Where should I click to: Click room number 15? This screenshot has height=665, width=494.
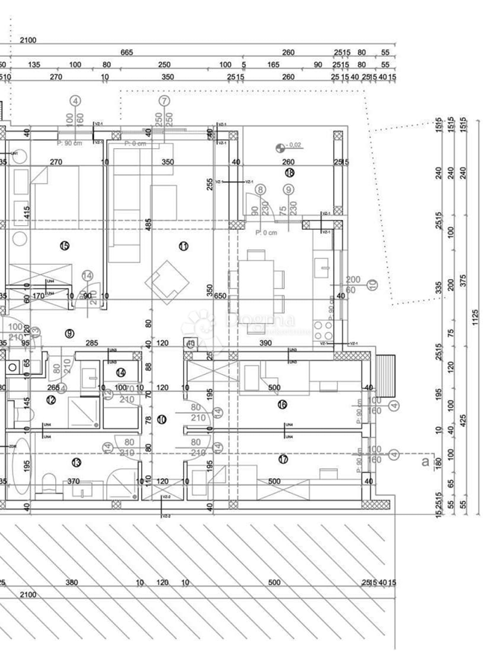pos(64,245)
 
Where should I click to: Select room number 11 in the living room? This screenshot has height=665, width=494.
pos(183,245)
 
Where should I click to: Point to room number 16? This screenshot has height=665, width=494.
pos(282,405)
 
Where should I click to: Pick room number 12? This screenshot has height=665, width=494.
pos(51,400)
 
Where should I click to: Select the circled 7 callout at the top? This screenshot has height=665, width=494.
pos(164,100)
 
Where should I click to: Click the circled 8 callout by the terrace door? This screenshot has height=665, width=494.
pos(260,191)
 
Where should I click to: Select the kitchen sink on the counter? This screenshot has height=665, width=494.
pos(323,265)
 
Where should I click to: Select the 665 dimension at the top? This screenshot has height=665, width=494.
pos(126,52)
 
